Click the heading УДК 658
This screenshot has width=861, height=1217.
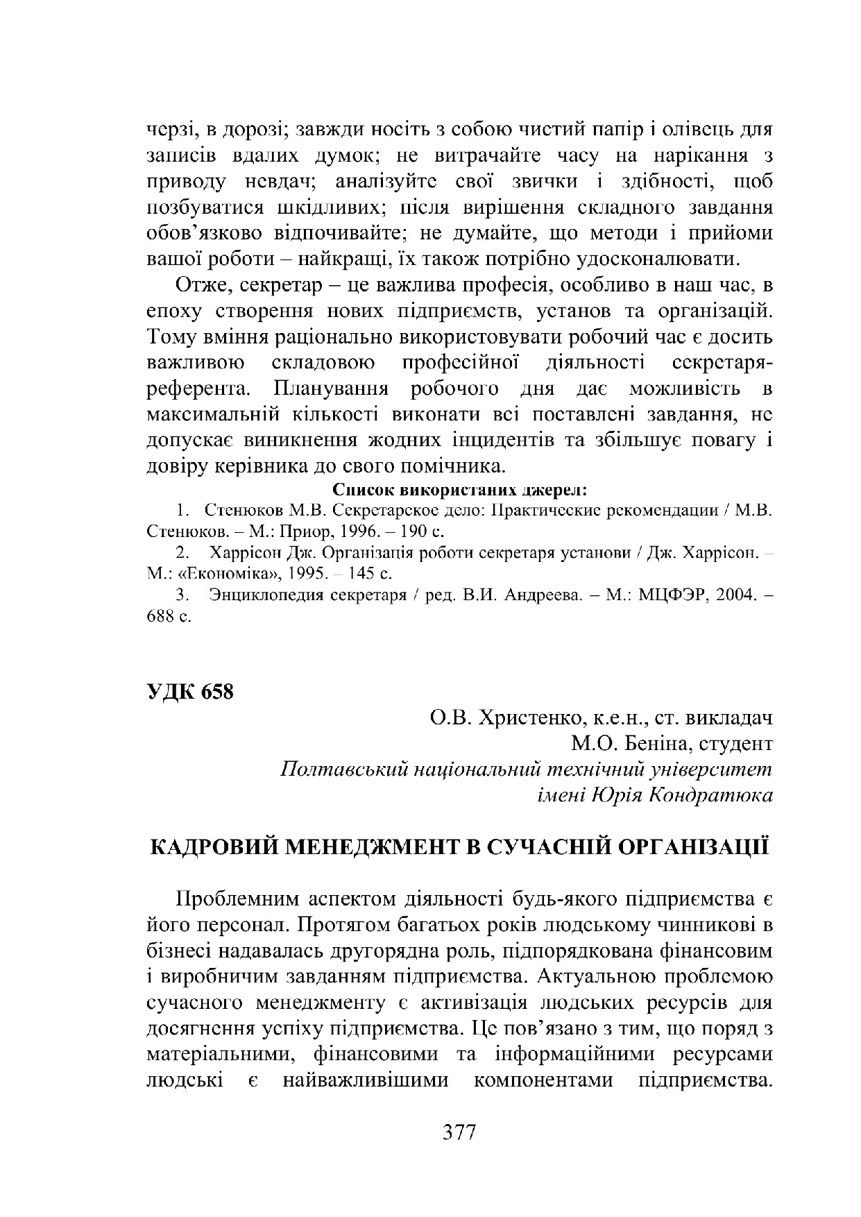tap(190, 692)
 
